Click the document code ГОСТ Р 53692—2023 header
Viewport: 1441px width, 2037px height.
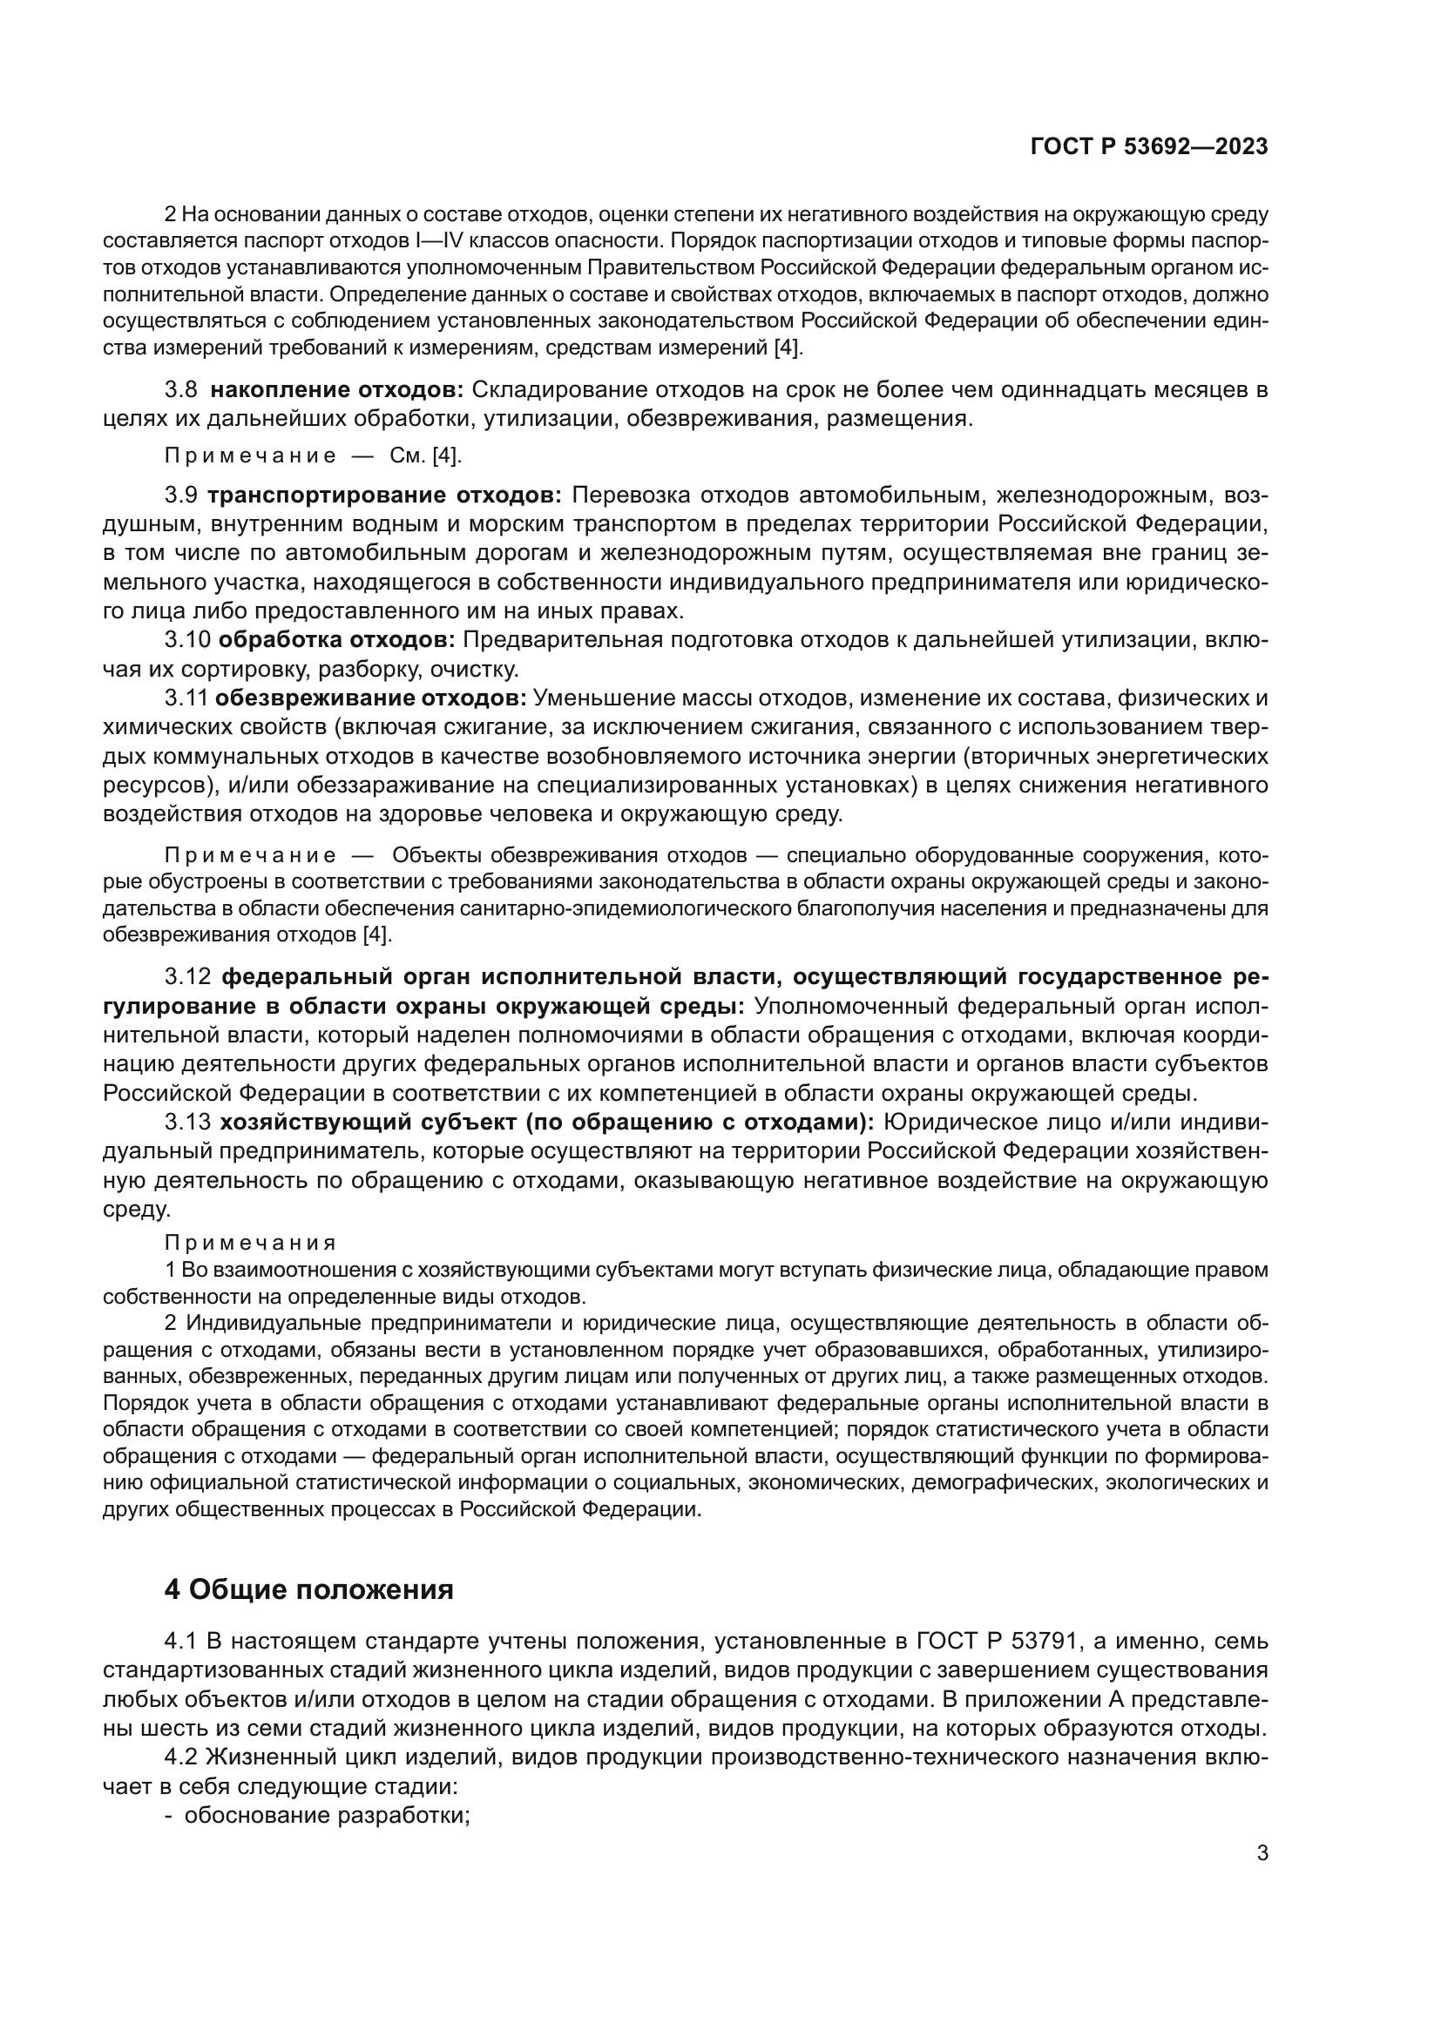pos(1148,147)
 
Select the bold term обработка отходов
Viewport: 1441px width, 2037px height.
pos(337,640)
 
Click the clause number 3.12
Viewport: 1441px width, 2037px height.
pos(188,977)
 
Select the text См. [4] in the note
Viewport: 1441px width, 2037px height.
pos(426,456)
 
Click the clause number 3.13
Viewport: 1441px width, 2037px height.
pos(188,1123)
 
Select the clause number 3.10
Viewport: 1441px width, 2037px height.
pos(187,640)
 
